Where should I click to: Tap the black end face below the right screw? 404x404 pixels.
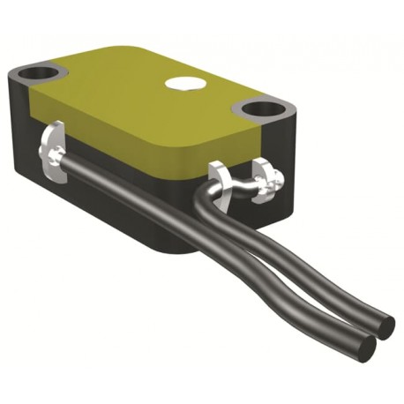[265, 207]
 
